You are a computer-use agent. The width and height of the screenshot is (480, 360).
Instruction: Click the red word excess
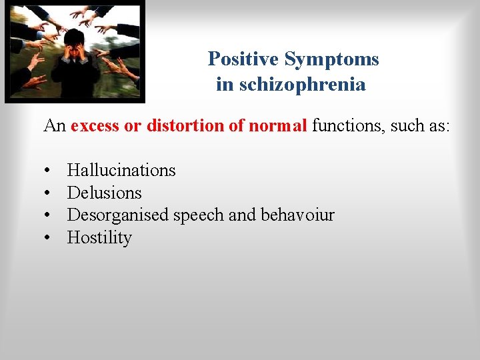pyautogui.click(x=95, y=125)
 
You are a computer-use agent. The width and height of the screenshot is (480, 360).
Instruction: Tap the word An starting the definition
pyautogui.click(x=55, y=125)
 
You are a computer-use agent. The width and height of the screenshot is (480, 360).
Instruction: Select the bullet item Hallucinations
pyautogui.click(x=121, y=171)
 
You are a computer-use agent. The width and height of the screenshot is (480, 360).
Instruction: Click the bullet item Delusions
pyautogui.click(x=105, y=193)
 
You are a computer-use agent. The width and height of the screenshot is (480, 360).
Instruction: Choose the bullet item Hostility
pyautogui.click(x=99, y=238)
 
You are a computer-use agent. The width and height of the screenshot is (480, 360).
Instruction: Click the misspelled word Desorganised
pyautogui.click(x=119, y=215)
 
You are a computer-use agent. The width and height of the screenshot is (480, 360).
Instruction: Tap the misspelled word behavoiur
pyautogui.click(x=297, y=215)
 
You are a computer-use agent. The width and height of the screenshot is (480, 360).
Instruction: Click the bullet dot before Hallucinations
pyautogui.click(x=49, y=171)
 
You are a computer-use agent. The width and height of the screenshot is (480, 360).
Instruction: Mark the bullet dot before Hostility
pyautogui.click(x=49, y=238)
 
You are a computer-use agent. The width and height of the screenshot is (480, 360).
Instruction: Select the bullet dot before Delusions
pyautogui.click(x=49, y=193)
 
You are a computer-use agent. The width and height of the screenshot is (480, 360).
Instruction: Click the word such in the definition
pyautogui.click(x=408, y=125)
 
